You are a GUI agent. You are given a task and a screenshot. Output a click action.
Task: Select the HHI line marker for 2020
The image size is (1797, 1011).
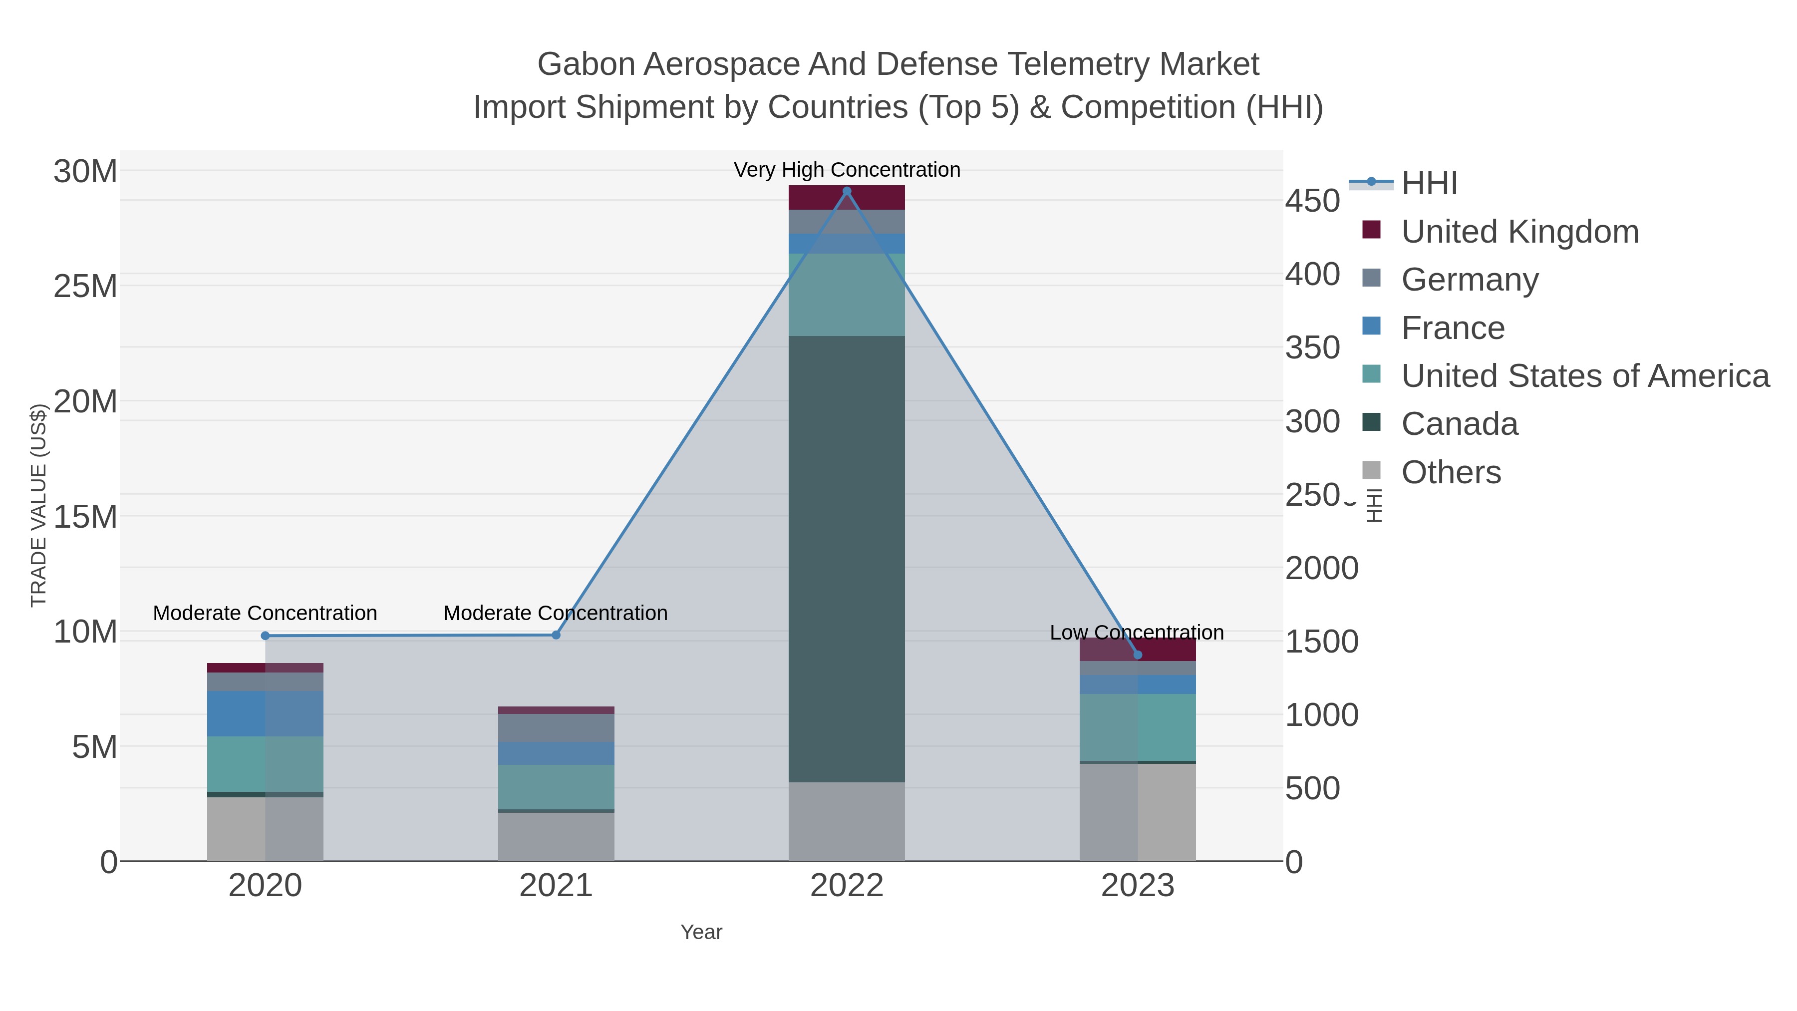point(265,636)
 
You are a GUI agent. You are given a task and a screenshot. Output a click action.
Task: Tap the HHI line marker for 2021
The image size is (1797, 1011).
point(556,635)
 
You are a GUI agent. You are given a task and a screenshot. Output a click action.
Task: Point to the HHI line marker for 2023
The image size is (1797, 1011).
point(1138,655)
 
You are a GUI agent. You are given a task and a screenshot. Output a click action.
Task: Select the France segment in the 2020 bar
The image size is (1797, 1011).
point(265,713)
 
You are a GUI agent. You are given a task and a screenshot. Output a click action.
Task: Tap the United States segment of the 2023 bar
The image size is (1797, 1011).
point(1138,727)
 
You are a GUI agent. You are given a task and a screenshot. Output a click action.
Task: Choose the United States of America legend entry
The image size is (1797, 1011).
point(1585,376)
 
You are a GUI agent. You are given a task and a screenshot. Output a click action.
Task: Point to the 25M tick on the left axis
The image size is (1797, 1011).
point(85,286)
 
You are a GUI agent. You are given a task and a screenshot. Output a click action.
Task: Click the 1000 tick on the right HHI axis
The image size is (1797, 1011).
point(1321,715)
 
